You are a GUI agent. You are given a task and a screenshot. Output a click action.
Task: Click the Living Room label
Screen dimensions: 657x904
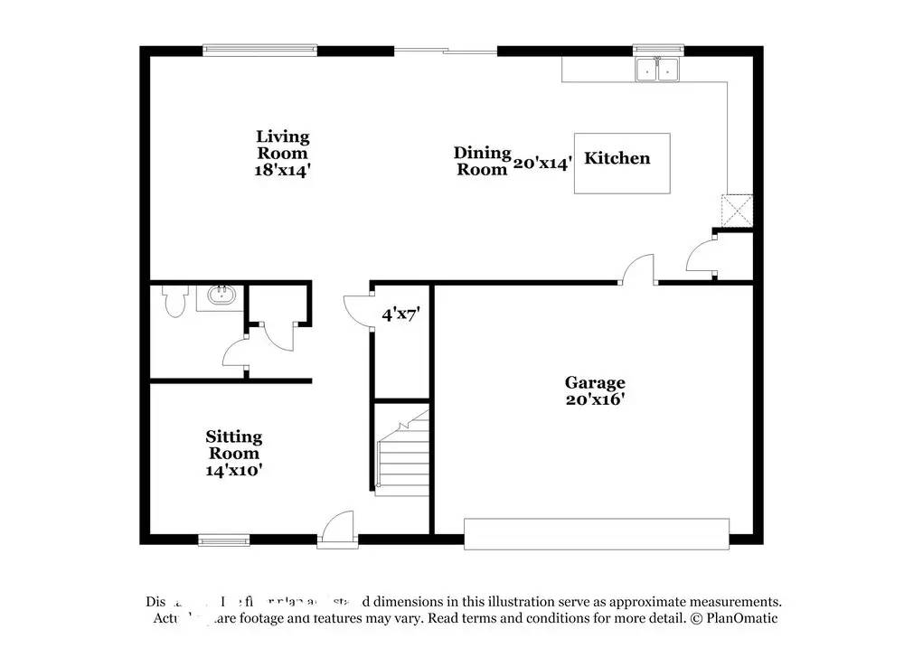282,145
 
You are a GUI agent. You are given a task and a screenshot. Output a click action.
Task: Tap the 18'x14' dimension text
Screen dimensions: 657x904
282,170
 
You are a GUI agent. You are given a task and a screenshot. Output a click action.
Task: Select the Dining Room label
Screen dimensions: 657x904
483,161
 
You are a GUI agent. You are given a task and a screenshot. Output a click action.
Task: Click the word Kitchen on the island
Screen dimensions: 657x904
617,158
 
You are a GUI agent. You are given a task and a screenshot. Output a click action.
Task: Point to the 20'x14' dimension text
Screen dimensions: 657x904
542,164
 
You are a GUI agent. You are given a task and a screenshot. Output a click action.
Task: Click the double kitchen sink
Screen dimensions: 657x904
657,70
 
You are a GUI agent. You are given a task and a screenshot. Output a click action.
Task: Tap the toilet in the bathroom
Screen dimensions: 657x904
174,300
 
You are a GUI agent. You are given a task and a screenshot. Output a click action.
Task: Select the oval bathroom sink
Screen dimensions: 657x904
221,295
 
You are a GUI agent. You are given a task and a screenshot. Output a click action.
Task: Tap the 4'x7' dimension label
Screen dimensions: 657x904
400,314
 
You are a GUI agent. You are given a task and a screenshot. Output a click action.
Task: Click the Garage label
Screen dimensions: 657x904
595,382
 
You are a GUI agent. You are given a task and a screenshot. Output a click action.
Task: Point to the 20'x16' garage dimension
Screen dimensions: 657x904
595,399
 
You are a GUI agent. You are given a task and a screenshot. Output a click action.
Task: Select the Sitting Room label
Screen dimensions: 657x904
233,445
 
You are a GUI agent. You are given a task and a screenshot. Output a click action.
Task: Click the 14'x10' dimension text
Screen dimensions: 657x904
233,470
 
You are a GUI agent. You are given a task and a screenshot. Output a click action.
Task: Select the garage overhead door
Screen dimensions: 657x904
597,533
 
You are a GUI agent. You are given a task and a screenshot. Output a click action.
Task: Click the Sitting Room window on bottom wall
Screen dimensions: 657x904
223,540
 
